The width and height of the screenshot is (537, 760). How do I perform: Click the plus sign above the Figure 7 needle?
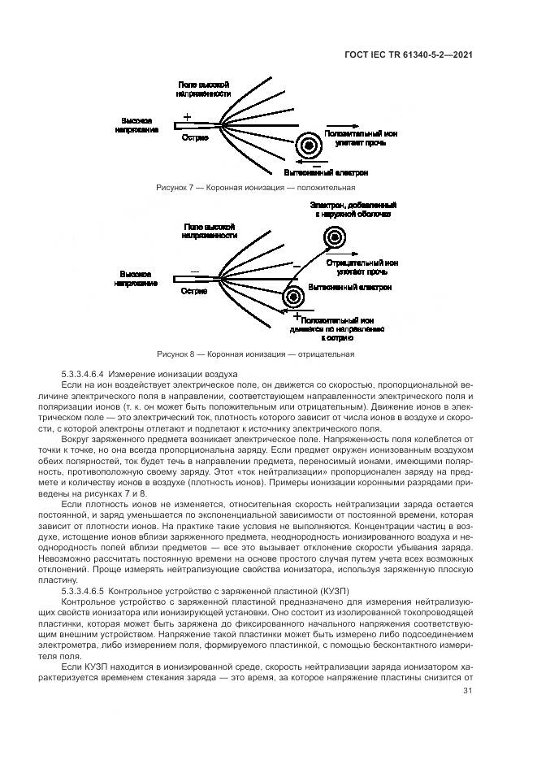(187, 117)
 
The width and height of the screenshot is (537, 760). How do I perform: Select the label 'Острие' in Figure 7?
(195, 138)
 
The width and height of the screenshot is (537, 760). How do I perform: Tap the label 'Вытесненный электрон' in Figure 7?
(326, 172)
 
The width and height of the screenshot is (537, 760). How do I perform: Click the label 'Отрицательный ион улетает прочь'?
(362, 267)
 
